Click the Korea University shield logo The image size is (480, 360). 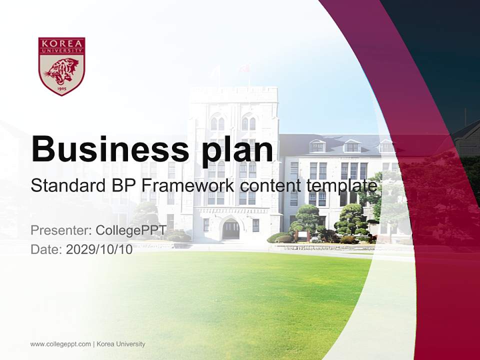(x=61, y=65)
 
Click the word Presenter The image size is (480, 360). (x=60, y=230)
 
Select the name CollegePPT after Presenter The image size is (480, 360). (x=130, y=230)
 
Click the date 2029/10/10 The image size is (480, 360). (x=99, y=249)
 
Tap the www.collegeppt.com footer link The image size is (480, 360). (x=60, y=344)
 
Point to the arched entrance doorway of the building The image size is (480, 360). (x=230, y=229)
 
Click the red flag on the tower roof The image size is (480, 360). (x=245, y=68)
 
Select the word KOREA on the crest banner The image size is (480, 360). (x=61, y=43)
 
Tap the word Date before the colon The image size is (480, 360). (x=45, y=249)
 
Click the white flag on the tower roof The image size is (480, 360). (x=216, y=71)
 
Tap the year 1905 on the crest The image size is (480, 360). (x=61, y=88)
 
